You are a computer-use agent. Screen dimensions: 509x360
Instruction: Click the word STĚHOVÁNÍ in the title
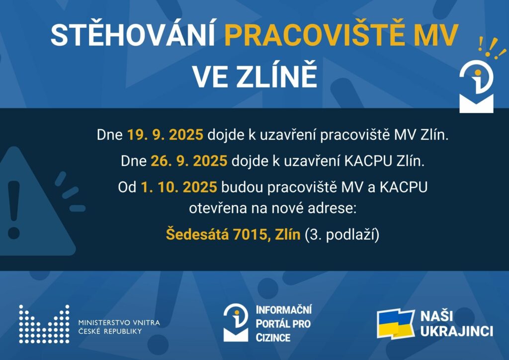(133, 34)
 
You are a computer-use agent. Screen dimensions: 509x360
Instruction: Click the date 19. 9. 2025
(165, 135)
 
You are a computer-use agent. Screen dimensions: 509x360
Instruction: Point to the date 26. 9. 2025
(189, 161)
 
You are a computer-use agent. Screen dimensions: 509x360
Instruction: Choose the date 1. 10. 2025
(179, 187)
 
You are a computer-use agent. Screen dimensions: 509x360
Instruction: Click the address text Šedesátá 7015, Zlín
(233, 234)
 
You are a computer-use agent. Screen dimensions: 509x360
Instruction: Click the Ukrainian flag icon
(396, 324)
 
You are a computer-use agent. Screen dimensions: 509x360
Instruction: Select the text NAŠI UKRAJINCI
(456, 324)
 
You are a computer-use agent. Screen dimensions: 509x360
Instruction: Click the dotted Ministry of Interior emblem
(44, 324)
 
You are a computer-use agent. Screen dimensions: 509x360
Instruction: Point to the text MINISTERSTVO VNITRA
(119, 323)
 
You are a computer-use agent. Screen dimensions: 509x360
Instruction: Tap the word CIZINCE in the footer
(273, 338)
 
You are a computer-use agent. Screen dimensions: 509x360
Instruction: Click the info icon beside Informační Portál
(236, 322)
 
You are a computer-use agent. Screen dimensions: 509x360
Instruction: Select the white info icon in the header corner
(477, 86)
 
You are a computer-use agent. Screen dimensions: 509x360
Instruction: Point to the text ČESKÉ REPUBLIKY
(110, 332)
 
